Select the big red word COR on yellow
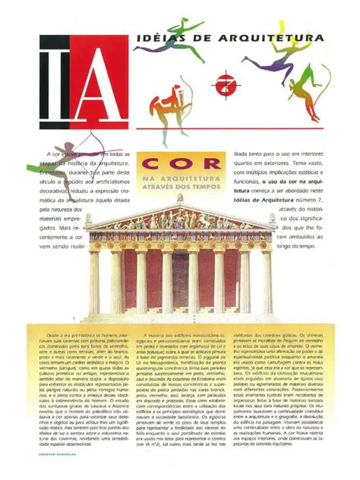(179, 163)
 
